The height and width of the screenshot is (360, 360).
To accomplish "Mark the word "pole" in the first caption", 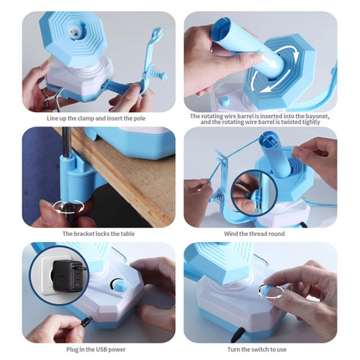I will (x=142, y=118).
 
